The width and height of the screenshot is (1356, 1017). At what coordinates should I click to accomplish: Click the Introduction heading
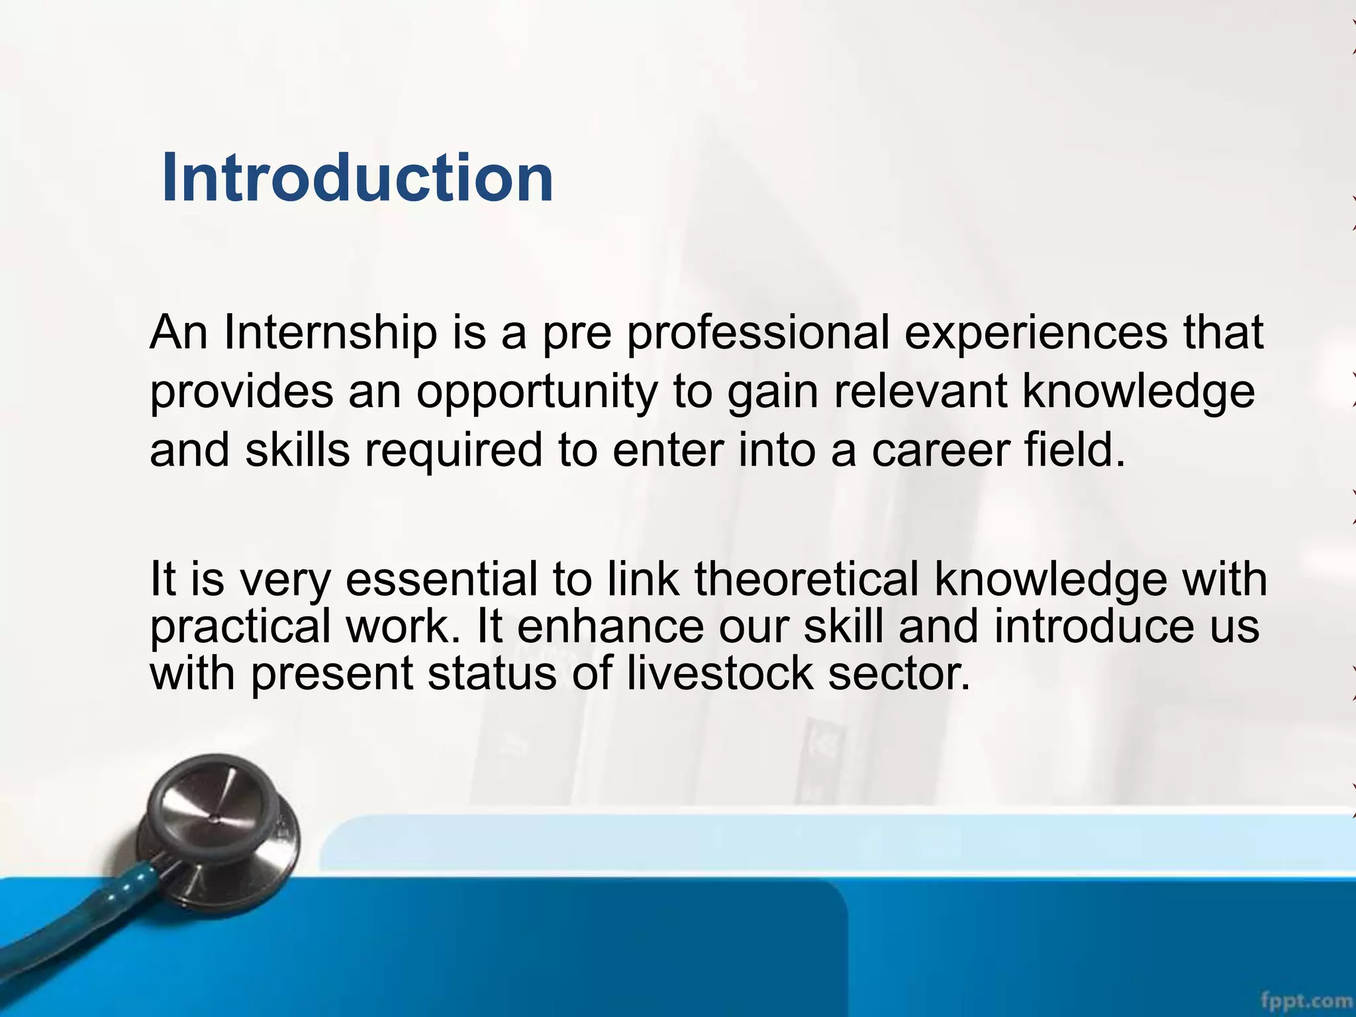[x=357, y=177]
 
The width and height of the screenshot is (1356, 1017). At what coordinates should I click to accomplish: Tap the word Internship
[x=330, y=332]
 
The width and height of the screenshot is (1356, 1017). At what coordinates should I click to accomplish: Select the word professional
[x=758, y=332]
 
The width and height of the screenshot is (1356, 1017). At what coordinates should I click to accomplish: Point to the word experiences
[x=1036, y=332]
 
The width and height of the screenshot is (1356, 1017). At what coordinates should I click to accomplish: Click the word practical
[x=240, y=626]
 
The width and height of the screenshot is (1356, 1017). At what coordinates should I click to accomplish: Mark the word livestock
[x=719, y=673]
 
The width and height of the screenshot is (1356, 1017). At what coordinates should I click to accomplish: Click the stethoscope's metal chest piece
[x=218, y=828]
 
